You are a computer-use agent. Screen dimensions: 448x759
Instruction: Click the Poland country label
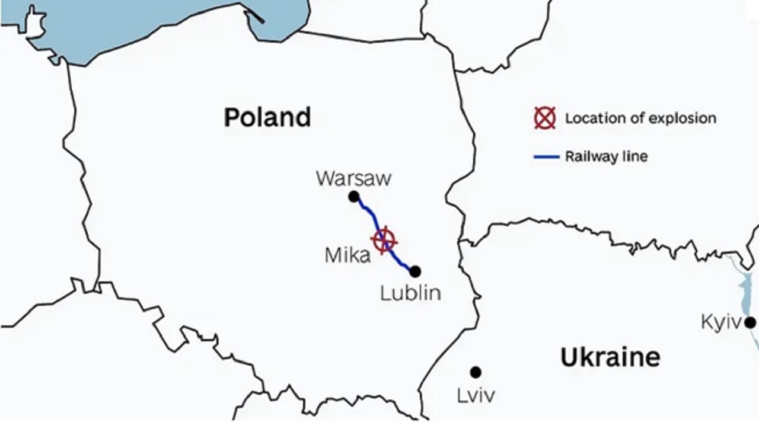pos(267,117)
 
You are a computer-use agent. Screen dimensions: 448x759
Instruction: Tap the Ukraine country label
pos(610,357)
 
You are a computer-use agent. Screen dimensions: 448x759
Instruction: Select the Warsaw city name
pos(353,178)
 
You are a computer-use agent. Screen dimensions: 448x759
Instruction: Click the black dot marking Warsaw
pos(354,197)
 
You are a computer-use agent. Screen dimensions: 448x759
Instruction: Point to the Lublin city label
pos(410,293)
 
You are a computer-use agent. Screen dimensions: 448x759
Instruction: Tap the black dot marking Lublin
pos(415,271)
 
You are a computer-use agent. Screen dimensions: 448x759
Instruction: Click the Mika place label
pos(347,255)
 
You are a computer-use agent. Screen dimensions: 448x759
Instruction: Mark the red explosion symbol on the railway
pos(384,240)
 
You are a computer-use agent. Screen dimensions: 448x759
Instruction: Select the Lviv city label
pos(476,395)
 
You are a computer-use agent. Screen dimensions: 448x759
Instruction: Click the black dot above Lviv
pos(476,372)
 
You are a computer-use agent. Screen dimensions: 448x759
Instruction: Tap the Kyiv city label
pos(720,322)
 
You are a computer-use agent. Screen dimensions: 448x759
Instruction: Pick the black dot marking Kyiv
pos(750,323)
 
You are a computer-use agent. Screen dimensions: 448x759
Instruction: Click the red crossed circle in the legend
pos(544,118)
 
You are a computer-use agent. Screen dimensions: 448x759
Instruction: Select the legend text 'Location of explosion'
pos(640,118)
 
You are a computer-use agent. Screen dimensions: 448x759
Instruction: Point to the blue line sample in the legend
pos(546,157)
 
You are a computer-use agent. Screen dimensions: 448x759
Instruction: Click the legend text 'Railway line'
pos(606,157)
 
